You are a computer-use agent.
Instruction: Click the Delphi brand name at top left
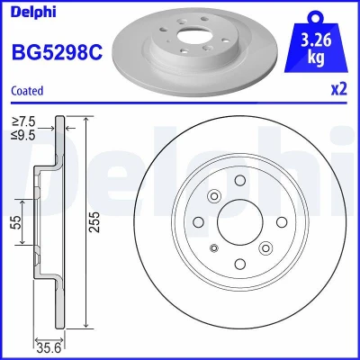coord(33,12)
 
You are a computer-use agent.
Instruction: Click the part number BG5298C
coord(57,52)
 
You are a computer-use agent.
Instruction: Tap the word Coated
coord(27,91)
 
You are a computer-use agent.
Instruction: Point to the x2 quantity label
coord(339,89)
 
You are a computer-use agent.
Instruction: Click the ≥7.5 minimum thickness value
coord(23,121)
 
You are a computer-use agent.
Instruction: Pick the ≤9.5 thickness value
coord(23,135)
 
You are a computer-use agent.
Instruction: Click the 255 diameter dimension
coord(94,222)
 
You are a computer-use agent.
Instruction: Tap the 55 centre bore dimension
coord(17,222)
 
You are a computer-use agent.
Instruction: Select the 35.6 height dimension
coord(49,348)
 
